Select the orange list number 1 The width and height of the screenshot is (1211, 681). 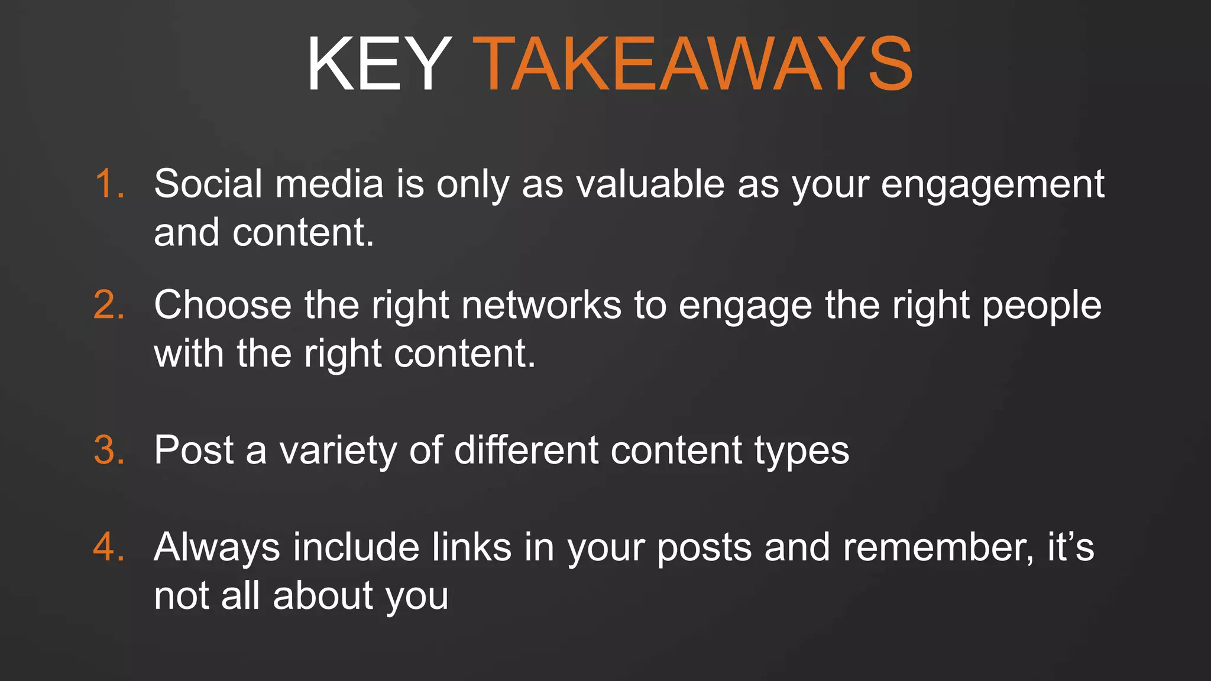109,184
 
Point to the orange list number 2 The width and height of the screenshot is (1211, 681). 109,306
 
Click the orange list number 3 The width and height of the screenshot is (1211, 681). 109,450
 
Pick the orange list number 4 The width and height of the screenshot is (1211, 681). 109,547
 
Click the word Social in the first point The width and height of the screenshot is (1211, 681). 208,184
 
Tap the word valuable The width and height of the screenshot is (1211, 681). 650,184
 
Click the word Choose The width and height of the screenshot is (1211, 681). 222,306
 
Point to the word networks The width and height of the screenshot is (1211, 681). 541,306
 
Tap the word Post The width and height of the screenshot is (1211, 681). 194,450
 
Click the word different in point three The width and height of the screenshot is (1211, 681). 526,450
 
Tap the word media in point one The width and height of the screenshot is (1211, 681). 329,184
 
